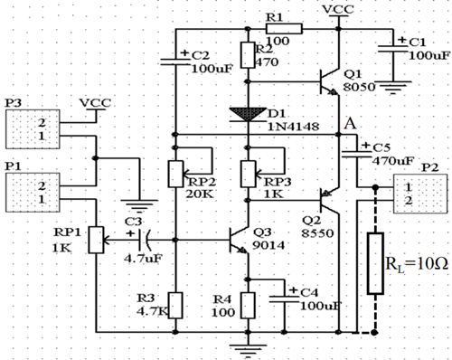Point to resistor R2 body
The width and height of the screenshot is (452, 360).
(x=247, y=52)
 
